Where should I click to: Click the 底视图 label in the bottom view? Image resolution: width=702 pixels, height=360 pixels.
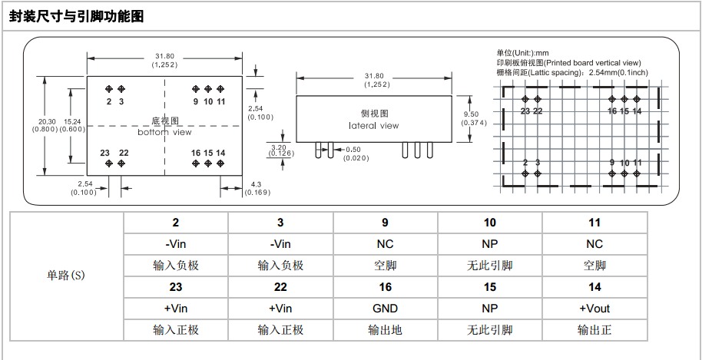click(x=165, y=121)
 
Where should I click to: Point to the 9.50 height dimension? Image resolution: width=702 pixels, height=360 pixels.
click(x=471, y=114)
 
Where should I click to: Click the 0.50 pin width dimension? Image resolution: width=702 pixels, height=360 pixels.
click(x=353, y=149)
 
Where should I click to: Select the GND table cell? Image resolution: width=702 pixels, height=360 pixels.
click(x=386, y=309)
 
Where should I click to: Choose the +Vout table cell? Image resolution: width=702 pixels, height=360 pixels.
click(x=594, y=309)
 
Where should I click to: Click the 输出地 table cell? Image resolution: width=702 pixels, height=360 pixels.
click(x=386, y=330)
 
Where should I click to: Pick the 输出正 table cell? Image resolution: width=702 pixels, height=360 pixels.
click(x=594, y=330)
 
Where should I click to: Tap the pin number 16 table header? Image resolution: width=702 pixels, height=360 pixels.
click(x=386, y=287)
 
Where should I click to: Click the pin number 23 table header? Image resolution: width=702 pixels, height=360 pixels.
click(x=176, y=287)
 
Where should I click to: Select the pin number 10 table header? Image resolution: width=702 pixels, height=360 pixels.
click(x=490, y=223)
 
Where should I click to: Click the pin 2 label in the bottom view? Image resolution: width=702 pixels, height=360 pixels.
click(x=109, y=101)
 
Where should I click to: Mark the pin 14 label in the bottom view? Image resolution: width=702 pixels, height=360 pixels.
click(x=220, y=153)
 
